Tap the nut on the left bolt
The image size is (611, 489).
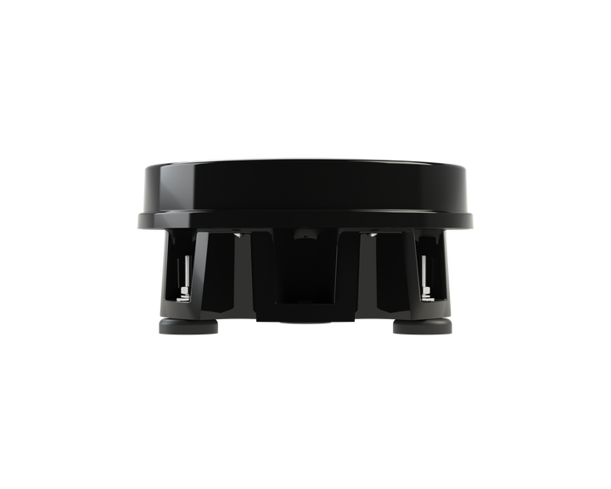183,292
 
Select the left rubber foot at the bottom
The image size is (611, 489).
188,328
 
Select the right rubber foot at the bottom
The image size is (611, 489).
422,328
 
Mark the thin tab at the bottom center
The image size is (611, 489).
305,322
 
